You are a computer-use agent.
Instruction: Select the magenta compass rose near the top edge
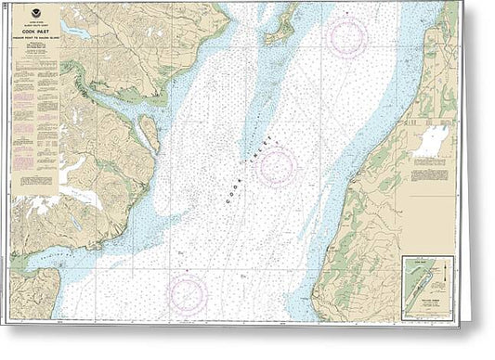click(x=347, y=35)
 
